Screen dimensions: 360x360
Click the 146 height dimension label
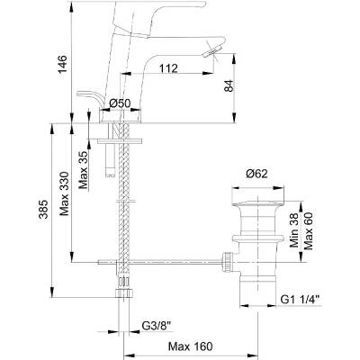62,65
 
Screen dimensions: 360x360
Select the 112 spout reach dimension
168,68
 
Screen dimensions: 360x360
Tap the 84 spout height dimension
229,86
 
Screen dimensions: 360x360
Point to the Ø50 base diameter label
120,103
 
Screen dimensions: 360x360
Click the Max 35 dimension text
84,170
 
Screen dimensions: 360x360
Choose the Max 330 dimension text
64,193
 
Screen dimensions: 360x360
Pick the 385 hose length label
44,209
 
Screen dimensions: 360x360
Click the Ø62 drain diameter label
256,174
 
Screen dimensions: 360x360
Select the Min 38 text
294,230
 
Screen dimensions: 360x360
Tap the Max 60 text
308,231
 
